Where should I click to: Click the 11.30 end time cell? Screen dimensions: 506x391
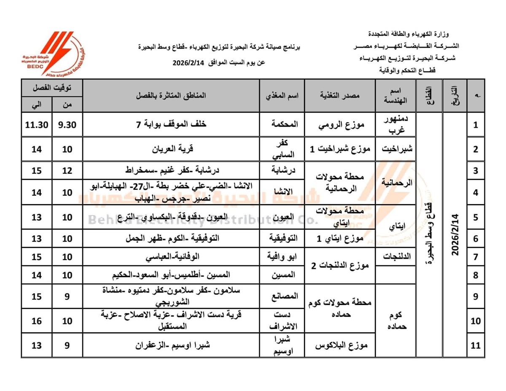pos(37,125)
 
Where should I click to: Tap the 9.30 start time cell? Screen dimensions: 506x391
pos(67,125)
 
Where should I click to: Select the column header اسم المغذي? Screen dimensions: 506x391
pos(281,95)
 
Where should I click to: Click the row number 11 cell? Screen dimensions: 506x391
pos(476,345)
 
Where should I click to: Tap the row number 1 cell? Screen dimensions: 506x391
pos(476,125)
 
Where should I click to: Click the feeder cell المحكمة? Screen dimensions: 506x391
pos(282,125)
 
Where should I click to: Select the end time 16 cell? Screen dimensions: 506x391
pos(37,321)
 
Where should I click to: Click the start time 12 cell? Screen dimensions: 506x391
pos(67,171)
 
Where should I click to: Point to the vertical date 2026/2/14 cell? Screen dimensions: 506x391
pos(455,235)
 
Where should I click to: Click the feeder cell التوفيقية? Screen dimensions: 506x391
pos(282,238)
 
